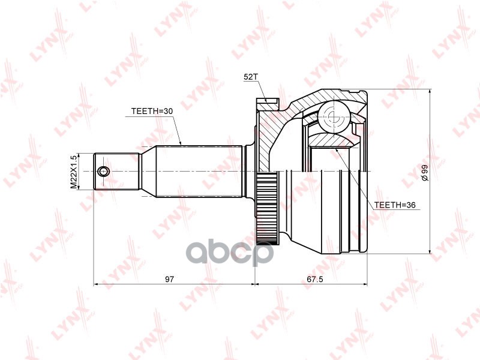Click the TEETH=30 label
152,111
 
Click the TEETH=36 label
395,205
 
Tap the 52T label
251,77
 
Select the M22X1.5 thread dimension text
74,172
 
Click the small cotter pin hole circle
104,172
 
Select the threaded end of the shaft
117,172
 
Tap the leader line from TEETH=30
178,129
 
